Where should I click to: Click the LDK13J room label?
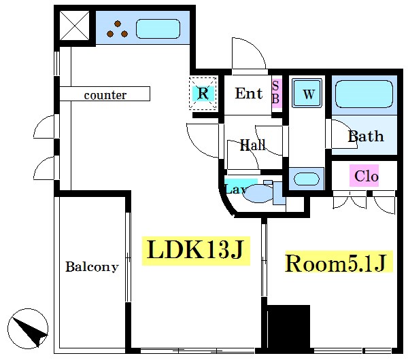tap(196, 251)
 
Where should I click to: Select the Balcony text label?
tap(92, 267)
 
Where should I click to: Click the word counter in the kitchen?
tap(105, 95)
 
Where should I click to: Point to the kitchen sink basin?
tap(158, 29)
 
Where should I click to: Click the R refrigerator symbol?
tap(203, 93)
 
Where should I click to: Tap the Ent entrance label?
tap(249, 93)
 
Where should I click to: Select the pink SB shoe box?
tap(277, 93)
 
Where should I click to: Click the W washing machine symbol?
tap(307, 93)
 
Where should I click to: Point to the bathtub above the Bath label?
tap(364, 94)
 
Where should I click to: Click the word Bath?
tap(366, 137)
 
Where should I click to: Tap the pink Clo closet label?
tap(364, 176)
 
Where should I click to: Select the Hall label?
tap(253, 145)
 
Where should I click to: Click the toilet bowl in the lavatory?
tap(259, 194)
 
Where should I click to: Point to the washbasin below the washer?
tap(306, 179)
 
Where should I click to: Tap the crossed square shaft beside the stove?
tap(74, 26)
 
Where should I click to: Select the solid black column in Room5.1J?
tap(288, 327)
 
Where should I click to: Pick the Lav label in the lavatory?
tap(236, 189)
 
